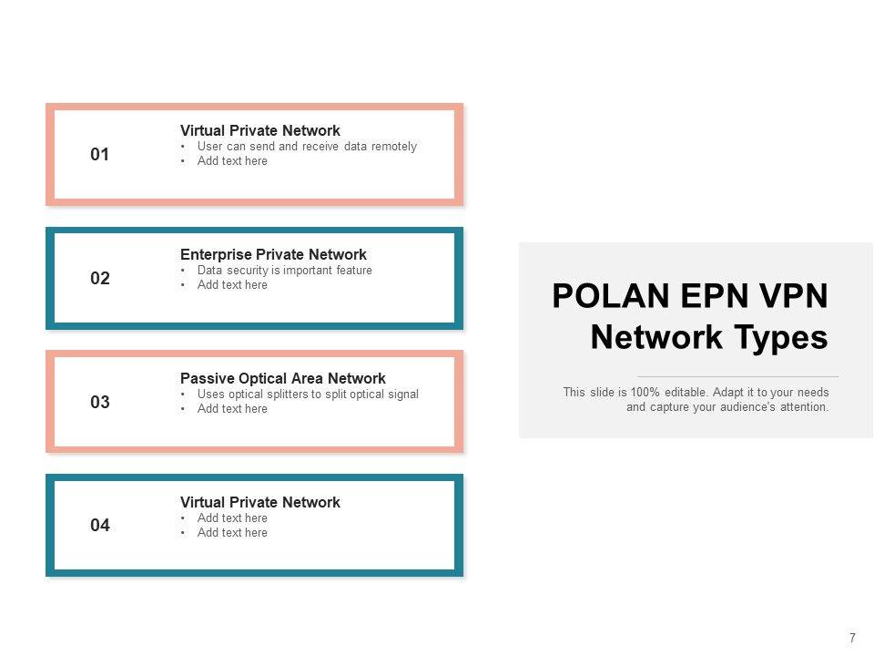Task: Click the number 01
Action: point(100,155)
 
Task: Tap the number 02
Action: point(100,279)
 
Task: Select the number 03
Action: point(100,402)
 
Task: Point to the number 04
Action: point(100,526)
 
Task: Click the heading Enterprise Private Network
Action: point(273,255)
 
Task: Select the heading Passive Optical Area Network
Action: point(283,378)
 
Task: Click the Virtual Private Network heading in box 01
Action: point(260,131)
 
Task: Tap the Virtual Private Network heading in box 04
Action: point(260,503)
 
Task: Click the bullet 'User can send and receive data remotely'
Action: point(307,147)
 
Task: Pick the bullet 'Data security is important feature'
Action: point(284,271)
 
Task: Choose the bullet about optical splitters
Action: point(308,395)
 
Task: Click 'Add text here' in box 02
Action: point(232,285)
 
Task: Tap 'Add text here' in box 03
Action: point(232,409)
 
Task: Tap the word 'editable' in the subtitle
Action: point(685,393)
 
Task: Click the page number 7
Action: point(852,638)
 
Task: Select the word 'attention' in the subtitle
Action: point(803,407)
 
